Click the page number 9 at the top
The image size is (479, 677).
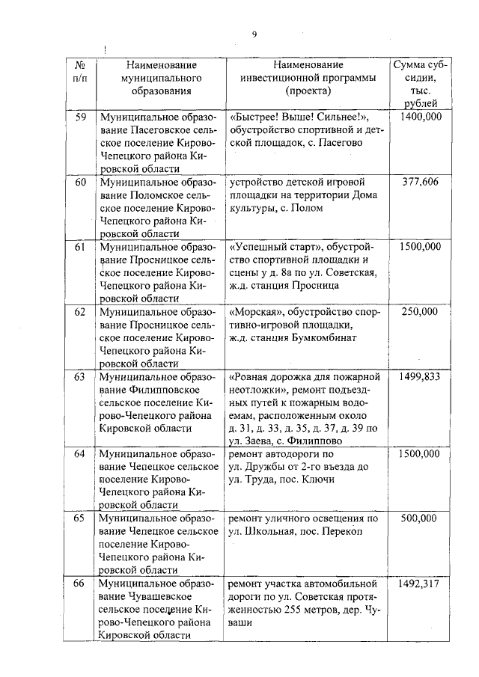click(254, 34)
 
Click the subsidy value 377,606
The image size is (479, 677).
click(420, 182)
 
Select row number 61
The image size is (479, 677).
click(81, 246)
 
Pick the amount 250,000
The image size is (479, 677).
click(420, 310)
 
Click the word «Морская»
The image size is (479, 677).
click(256, 310)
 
